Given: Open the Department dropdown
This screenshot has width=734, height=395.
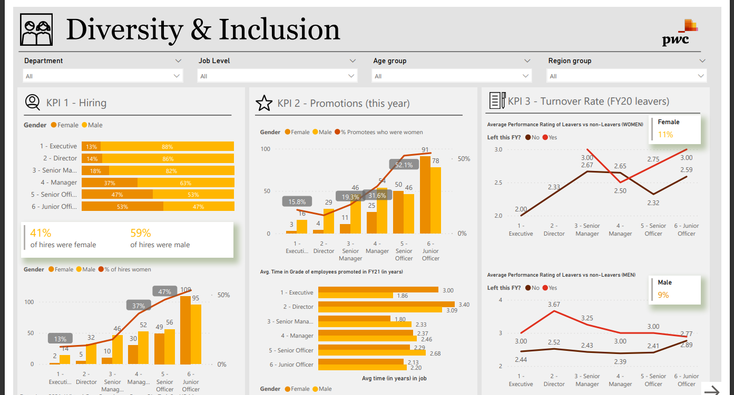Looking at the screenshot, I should pos(103,76).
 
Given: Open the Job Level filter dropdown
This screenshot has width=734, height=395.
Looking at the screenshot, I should pos(278,76).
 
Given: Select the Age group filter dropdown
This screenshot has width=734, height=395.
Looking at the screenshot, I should pos(452,76).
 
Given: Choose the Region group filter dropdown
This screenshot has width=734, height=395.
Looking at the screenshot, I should pos(627,76).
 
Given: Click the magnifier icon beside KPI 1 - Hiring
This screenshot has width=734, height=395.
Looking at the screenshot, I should pos(33,103).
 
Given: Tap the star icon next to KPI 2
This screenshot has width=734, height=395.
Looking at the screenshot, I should pos(263,104).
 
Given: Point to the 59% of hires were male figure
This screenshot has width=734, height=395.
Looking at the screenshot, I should pos(141,232).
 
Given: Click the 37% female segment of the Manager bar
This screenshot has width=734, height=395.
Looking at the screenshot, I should pos(110,183).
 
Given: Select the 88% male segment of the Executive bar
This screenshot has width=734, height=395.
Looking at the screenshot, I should pos(167,147).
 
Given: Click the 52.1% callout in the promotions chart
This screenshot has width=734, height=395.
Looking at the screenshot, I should pos(404,165).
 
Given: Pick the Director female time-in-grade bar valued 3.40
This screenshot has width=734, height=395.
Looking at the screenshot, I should pos(386,304).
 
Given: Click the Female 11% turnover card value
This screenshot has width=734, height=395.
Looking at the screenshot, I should pos(666,135).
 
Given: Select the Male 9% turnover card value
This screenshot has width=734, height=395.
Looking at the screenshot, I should pos(663,295).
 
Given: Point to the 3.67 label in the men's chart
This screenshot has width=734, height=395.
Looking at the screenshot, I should pos(554,305).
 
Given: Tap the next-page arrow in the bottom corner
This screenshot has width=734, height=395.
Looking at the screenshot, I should pos(712,390).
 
